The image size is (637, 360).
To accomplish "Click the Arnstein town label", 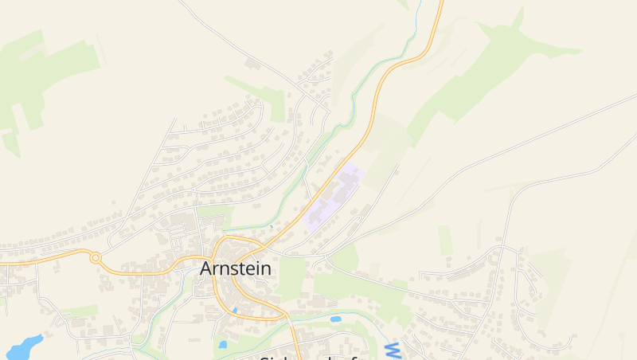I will [235, 268].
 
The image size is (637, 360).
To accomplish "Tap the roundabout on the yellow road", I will [96, 257].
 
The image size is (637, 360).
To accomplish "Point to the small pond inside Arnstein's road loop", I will [235, 310].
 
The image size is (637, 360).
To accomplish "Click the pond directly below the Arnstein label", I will [222, 345].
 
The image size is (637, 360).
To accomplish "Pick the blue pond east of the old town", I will [335, 319].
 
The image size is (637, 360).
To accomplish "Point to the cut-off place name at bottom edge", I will [307, 357].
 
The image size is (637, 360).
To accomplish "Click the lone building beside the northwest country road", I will [252, 63].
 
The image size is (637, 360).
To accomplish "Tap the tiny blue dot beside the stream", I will [271, 227].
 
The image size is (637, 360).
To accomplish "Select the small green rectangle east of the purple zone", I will [445, 240].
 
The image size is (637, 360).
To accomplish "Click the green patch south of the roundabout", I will [80, 311].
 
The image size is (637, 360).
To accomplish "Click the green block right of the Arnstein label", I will [292, 275].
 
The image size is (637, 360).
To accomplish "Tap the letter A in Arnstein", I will [206, 268].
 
